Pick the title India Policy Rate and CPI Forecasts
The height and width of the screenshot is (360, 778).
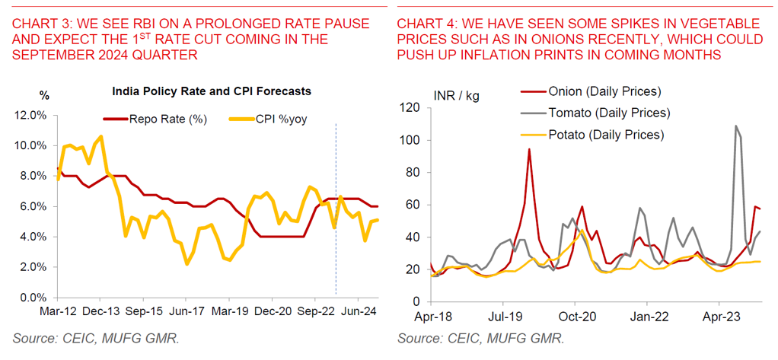click(211, 91)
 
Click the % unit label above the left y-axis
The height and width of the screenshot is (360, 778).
click(44, 96)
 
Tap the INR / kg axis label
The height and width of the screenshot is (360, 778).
click(456, 96)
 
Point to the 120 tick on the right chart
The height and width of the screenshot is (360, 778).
click(411, 108)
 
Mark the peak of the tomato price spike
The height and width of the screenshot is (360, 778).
click(736, 126)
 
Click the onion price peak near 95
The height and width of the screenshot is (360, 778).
click(528, 149)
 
